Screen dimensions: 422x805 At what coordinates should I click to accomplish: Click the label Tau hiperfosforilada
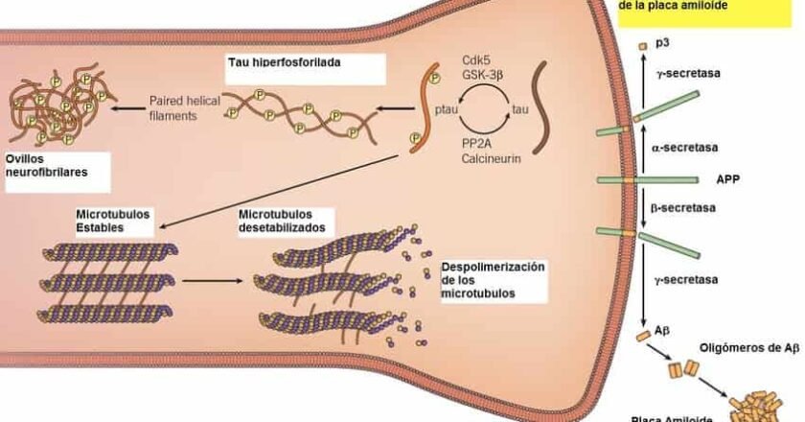pos(285,62)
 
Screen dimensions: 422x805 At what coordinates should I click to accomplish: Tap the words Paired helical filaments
pos(185,107)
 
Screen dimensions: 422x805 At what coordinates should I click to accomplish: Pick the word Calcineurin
pos(491,158)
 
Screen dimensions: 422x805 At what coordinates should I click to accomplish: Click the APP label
pos(729,178)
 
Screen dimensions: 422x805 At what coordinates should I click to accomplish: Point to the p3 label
pos(662,44)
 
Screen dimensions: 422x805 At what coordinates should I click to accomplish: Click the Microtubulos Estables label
pos(112,220)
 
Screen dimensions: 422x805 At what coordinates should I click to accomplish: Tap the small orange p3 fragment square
pos(643,46)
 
